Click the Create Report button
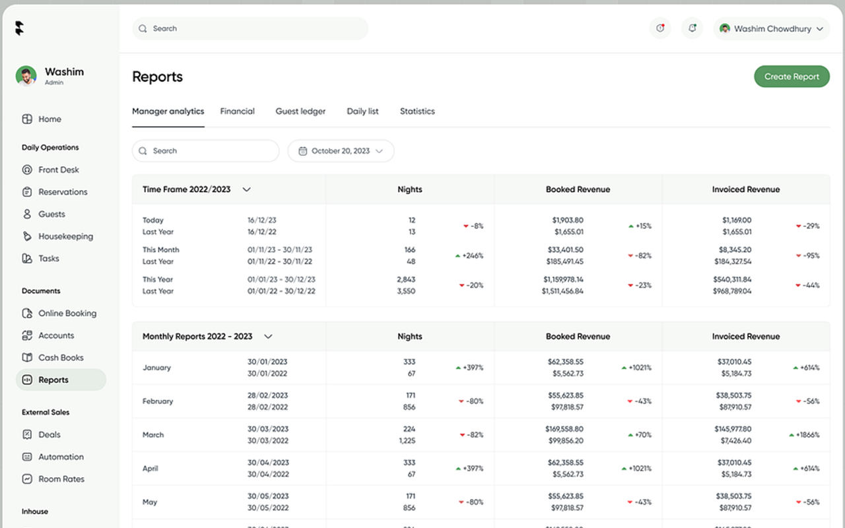coord(792,77)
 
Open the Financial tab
coord(237,112)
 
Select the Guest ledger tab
coord(300,112)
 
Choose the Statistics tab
coord(417,112)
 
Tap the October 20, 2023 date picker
coord(341,151)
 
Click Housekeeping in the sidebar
coord(65,236)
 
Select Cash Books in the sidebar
coord(61,358)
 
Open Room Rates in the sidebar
coord(61,479)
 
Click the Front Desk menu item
coord(58,170)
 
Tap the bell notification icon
coord(692,28)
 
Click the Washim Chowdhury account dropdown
coord(772,29)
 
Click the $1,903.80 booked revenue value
coord(568,220)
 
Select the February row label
coord(158,401)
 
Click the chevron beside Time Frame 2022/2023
coord(246,189)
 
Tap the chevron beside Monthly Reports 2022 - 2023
coord(268,337)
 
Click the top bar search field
coord(251,29)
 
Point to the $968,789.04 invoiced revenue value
coord(732,291)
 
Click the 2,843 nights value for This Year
coord(406,280)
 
